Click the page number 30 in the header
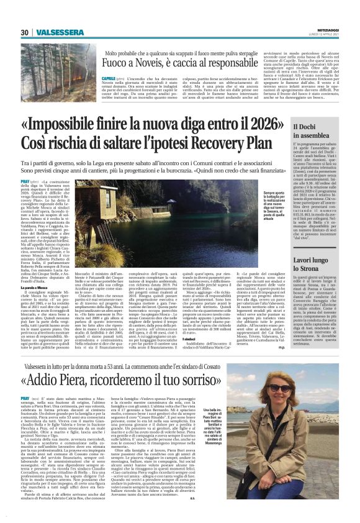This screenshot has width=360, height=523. tap(24, 32)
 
